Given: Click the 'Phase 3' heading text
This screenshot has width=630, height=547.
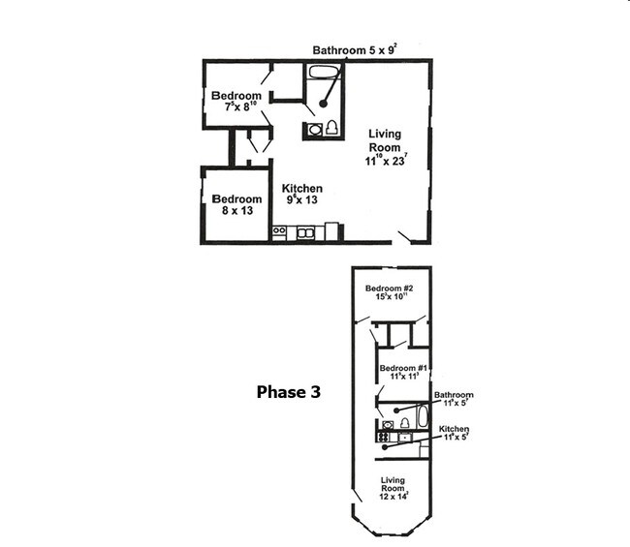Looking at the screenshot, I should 288,392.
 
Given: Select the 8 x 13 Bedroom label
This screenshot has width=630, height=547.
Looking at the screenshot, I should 236,204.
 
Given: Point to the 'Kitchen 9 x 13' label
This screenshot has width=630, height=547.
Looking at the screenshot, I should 302,194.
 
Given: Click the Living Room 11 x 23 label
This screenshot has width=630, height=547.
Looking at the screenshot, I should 384,147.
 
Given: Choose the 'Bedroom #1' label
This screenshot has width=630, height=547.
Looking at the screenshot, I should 404,373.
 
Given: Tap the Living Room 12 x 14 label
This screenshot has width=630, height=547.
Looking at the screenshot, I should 393,488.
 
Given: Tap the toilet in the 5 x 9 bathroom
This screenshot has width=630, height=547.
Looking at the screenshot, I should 331,128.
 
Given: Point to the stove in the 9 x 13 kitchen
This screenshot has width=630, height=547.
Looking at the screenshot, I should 279,232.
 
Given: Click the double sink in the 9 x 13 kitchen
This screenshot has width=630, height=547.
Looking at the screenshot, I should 305,232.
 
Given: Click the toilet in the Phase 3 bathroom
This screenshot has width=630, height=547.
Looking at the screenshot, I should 404,423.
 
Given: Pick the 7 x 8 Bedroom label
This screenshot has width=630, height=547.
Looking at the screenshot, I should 236,102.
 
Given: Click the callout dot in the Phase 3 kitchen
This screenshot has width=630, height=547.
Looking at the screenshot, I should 386,447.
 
